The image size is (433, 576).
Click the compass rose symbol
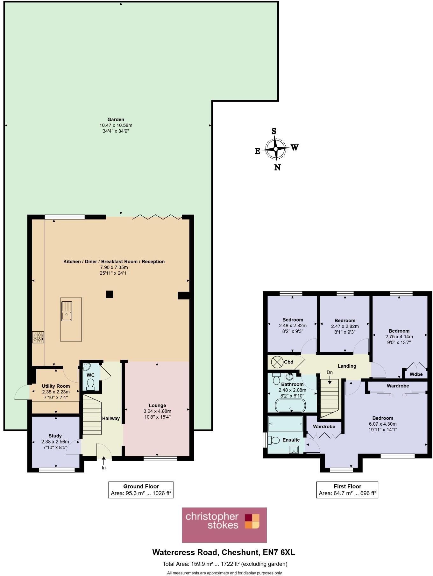click(x=276, y=149)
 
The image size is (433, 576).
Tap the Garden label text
click(x=116, y=119)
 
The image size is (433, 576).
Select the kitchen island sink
click(x=67, y=311)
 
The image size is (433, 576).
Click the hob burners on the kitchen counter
click(x=38, y=337)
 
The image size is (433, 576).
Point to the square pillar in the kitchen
click(x=109, y=294)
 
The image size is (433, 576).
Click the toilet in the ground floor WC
click(x=90, y=384)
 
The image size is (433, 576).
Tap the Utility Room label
click(x=56, y=386)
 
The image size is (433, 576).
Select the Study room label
click(x=55, y=436)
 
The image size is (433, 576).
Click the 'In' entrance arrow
click(x=104, y=463)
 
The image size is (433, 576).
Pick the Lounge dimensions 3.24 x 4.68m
click(x=157, y=411)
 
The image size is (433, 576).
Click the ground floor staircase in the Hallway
click(x=92, y=414)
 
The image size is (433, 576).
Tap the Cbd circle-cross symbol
click(x=277, y=362)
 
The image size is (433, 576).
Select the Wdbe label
click(x=416, y=374)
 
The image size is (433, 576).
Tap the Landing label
click(x=347, y=366)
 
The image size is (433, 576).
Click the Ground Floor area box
click(x=141, y=490)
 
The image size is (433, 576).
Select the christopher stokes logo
click(x=224, y=525)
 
